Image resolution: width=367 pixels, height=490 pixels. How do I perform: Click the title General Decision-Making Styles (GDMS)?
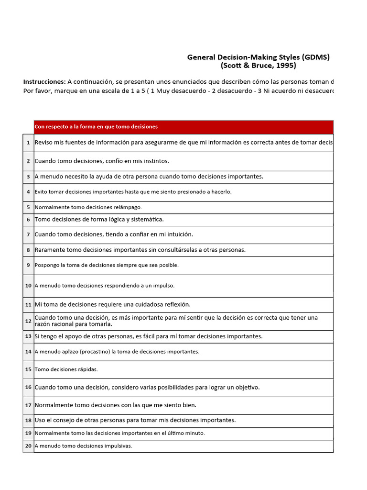coord(258,57)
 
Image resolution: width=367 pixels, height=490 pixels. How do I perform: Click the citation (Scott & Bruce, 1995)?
coord(258,66)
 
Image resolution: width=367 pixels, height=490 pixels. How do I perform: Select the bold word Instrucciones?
coord(44,82)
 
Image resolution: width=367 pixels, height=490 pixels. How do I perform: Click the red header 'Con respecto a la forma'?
coord(96,127)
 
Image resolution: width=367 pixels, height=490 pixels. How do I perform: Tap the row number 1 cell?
coord(28,143)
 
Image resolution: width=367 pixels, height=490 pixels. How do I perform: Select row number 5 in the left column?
coord(28,207)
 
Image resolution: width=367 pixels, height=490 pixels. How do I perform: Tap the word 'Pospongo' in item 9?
coord(46,265)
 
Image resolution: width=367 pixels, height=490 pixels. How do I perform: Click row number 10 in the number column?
coord(28,286)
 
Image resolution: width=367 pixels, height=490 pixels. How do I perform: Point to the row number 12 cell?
coord(28,321)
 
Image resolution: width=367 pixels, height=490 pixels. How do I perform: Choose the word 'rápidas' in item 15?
coord(86,369)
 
